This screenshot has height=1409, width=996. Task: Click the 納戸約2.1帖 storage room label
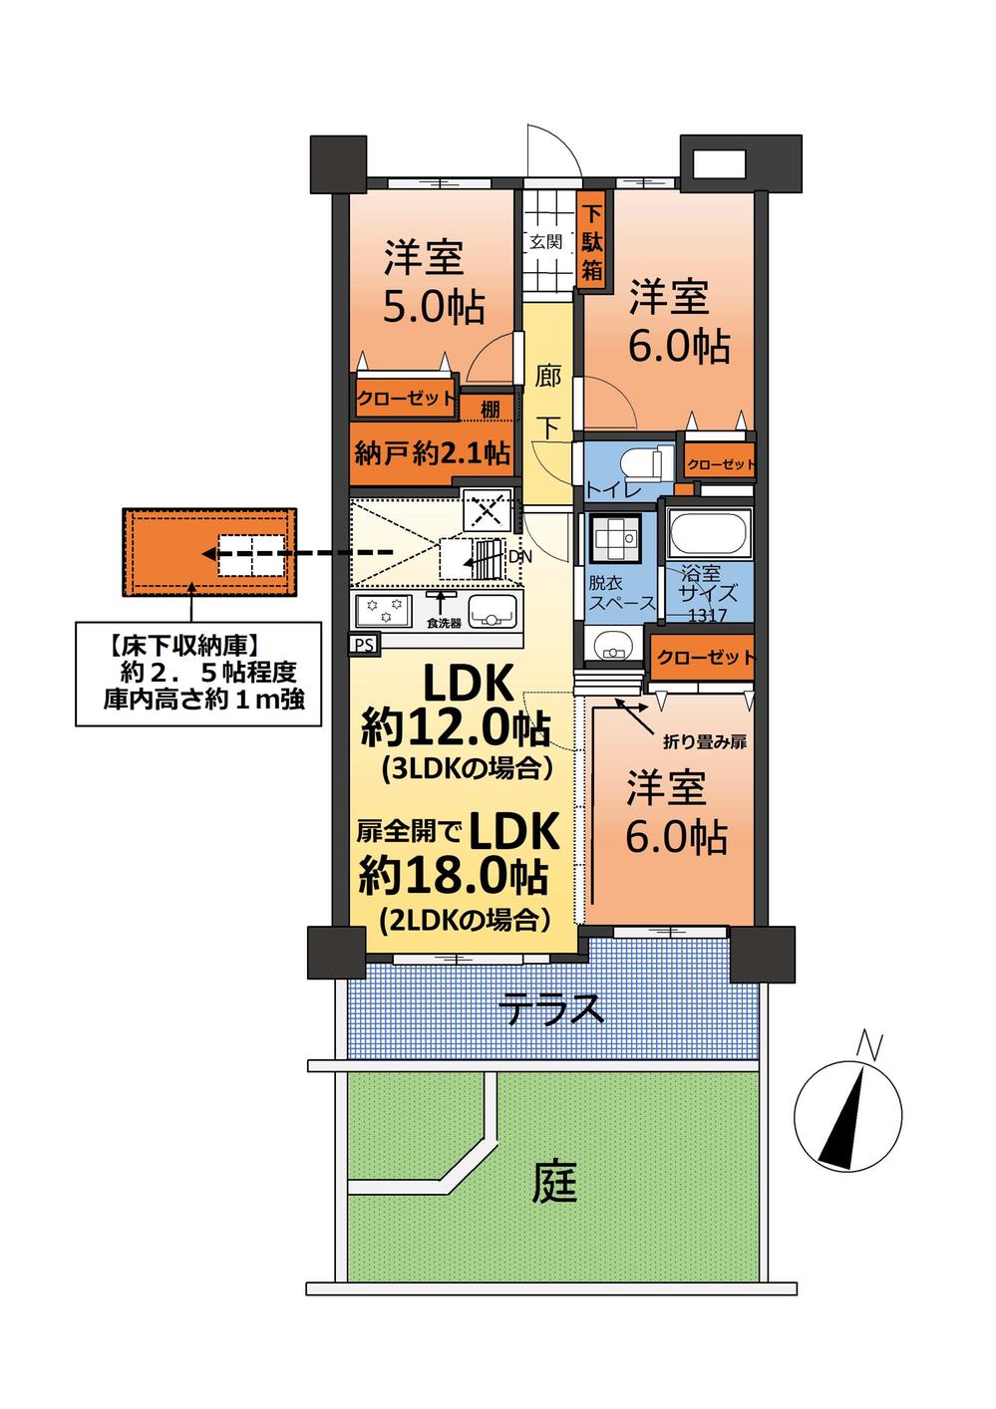(433, 453)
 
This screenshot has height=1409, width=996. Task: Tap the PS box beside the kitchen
(363, 644)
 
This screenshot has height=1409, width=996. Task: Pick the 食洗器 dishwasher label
(445, 624)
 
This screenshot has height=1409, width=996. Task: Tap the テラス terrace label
(551, 1010)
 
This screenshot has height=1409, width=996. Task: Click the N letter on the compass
(870, 1047)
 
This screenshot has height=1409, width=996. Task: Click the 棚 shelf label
(490, 407)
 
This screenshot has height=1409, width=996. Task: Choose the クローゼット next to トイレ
(720, 464)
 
